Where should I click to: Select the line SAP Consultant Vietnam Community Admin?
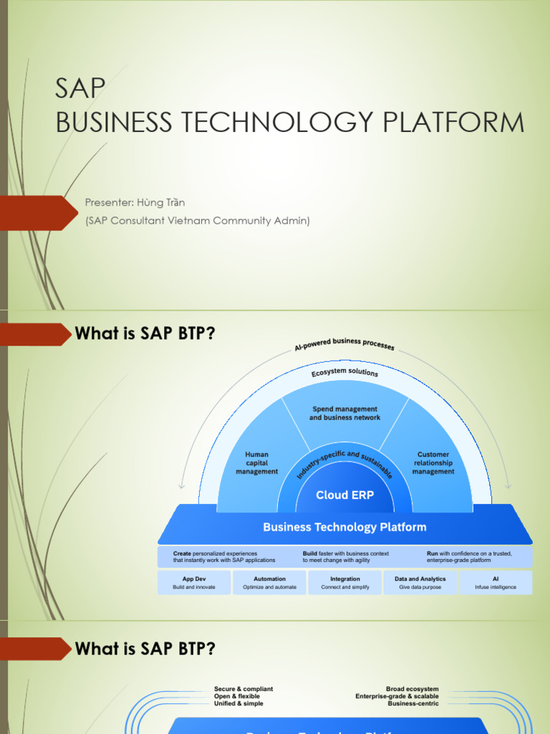click(x=198, y=221)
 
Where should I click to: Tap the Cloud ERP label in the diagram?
click(x=344, y=495)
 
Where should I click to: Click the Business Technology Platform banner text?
click(x=344, y=527)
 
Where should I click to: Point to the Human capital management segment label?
click(x=256, y=463)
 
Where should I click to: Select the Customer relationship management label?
click(x=433, y=463)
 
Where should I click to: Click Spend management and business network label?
click(x=344, y=413)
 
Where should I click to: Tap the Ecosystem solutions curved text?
click(x=344, y=373)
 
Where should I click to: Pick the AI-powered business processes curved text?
click(x=344, y=345)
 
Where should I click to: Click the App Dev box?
click(x=194, y=583)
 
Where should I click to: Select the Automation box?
click(x=269, y=583)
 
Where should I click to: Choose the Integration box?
click(x=344, y=583)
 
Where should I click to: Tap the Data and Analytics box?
click(x=420, y=583)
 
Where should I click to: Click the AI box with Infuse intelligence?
click(x=495, y=583)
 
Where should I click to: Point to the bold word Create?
click(x=182, y=553)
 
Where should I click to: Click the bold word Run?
click(x=432, y=553)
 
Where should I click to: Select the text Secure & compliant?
click(x=243, y=689)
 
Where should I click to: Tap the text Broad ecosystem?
click(x=412, y=689)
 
